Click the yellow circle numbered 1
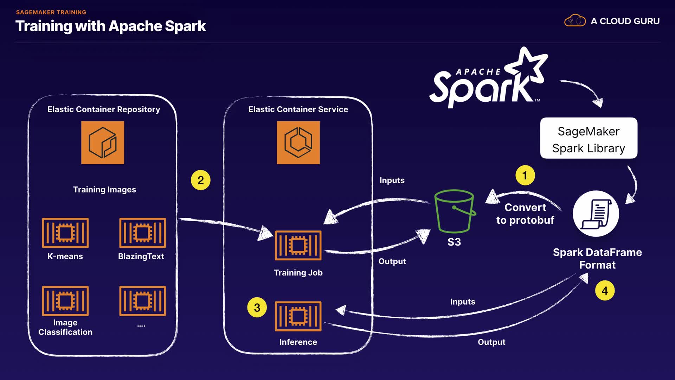525,175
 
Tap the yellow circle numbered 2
200,180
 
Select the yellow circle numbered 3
257,308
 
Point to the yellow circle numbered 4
605,291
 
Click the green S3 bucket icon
454,211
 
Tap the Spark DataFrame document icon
596,214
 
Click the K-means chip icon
65,233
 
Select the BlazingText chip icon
142,233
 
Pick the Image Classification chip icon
65,301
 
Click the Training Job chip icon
298,245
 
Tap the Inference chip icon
298,316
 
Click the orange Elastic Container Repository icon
103,142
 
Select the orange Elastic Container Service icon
298,142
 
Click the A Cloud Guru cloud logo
575,21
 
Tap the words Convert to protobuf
525,214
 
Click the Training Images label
104,189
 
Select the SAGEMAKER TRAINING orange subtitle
51,12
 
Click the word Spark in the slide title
185,26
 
